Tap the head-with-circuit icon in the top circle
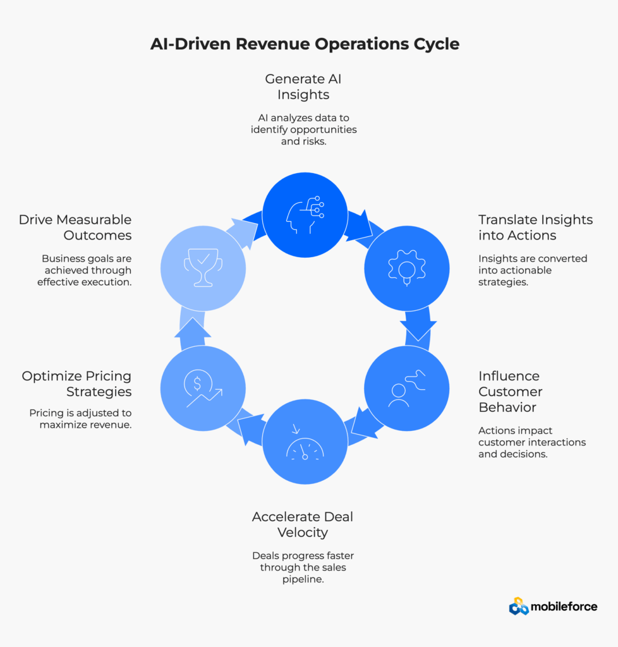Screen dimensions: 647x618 [305, 215]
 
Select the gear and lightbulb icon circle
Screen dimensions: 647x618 [406, 268]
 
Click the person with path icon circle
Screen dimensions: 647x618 [406, 387]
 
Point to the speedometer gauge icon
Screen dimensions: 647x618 [305, 446]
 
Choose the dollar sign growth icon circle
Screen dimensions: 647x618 [203, 387]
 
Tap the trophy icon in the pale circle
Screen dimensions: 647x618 [203, 268]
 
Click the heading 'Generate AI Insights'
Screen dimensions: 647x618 [303, 87]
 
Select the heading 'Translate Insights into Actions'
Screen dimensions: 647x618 [535, 227]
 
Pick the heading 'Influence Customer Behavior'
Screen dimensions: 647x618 [509, 391]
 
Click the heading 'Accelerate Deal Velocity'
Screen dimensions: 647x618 [303, 524]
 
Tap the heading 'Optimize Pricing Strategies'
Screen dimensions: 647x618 [76, 384]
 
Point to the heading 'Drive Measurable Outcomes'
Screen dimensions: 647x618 [75, 227]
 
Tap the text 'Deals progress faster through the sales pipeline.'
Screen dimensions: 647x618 [303, 567]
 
